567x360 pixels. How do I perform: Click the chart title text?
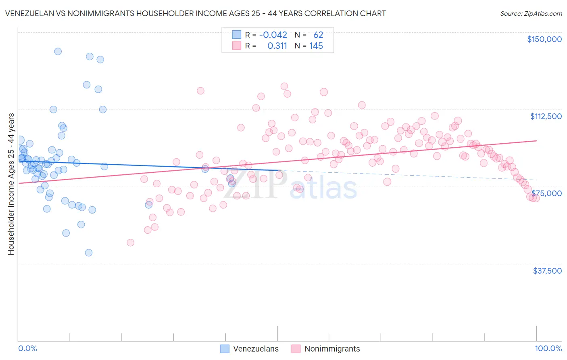(195, 13)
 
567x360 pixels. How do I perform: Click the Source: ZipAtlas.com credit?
(531, 13)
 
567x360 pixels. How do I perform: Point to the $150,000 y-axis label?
(544, 39)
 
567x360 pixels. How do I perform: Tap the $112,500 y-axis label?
(545, 116)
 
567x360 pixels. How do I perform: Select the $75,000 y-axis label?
(546, 193)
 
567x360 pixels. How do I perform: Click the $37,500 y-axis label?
(547, 271)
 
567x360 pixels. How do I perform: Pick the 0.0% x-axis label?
(27, 348)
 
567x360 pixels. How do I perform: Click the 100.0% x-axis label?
(548, 348)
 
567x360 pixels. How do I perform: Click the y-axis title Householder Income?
(11, 184)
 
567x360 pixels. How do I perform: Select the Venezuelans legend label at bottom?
(256, 349)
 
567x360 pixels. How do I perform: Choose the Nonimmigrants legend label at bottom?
(332, 349)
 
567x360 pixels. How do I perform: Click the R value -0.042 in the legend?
(273, 35)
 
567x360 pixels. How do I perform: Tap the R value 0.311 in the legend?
(277, 46)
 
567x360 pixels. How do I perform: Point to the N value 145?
(316, 46)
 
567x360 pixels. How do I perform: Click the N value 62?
(318, 35)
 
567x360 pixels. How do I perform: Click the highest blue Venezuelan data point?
(58, 51)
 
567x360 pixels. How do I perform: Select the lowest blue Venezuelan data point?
(89, 253)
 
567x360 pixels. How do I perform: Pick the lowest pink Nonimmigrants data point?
(130, 243)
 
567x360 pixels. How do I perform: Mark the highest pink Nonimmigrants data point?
(284, 86)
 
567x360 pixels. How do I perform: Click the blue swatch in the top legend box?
(236, 35)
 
